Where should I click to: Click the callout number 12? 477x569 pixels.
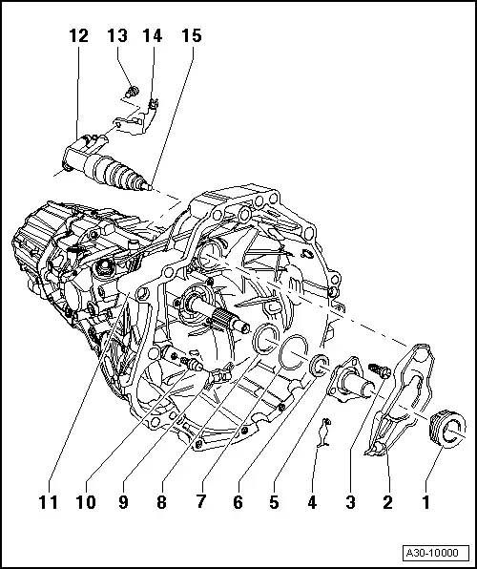point(78,37)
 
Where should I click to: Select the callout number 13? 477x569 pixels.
point(117,37)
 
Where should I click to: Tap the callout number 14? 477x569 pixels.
point(153,37)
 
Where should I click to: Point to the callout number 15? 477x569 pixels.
point(191,37)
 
